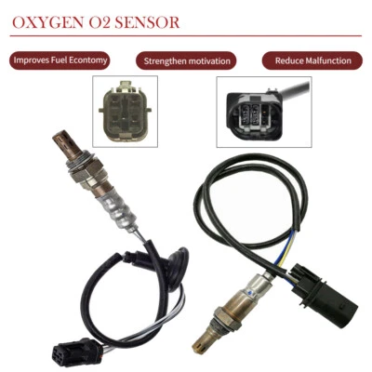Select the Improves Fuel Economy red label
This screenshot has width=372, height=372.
61,60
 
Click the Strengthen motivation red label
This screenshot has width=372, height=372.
185,61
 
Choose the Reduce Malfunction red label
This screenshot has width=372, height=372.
312,61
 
